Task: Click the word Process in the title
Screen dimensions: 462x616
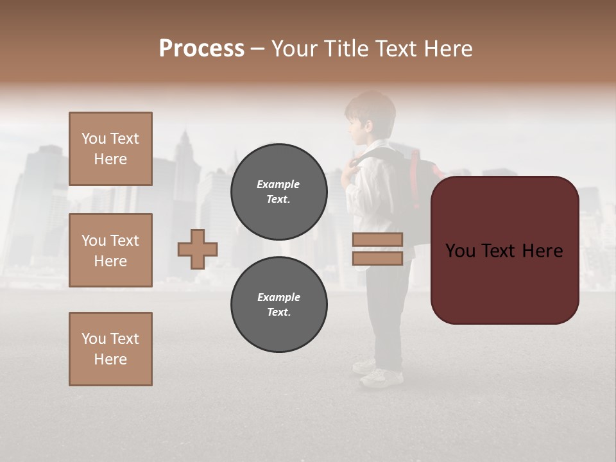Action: click(201, 49)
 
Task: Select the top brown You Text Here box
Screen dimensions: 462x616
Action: click(110, 149)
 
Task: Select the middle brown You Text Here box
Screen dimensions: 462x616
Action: click(110, 250)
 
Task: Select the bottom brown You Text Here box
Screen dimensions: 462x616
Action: click(110, 349)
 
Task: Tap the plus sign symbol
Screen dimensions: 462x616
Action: click(198, 249)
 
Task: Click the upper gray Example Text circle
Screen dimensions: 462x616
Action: click(278, 191)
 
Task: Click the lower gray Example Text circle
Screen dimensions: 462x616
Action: click(278, 304)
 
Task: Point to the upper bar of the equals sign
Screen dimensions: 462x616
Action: click(377, 239)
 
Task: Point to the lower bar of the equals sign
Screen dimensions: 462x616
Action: click(377, 259)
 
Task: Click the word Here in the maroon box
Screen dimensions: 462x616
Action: click(542, 251)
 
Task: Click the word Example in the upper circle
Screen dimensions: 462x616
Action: click(278, 184)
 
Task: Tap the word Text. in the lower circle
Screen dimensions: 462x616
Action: click(278, 312)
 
